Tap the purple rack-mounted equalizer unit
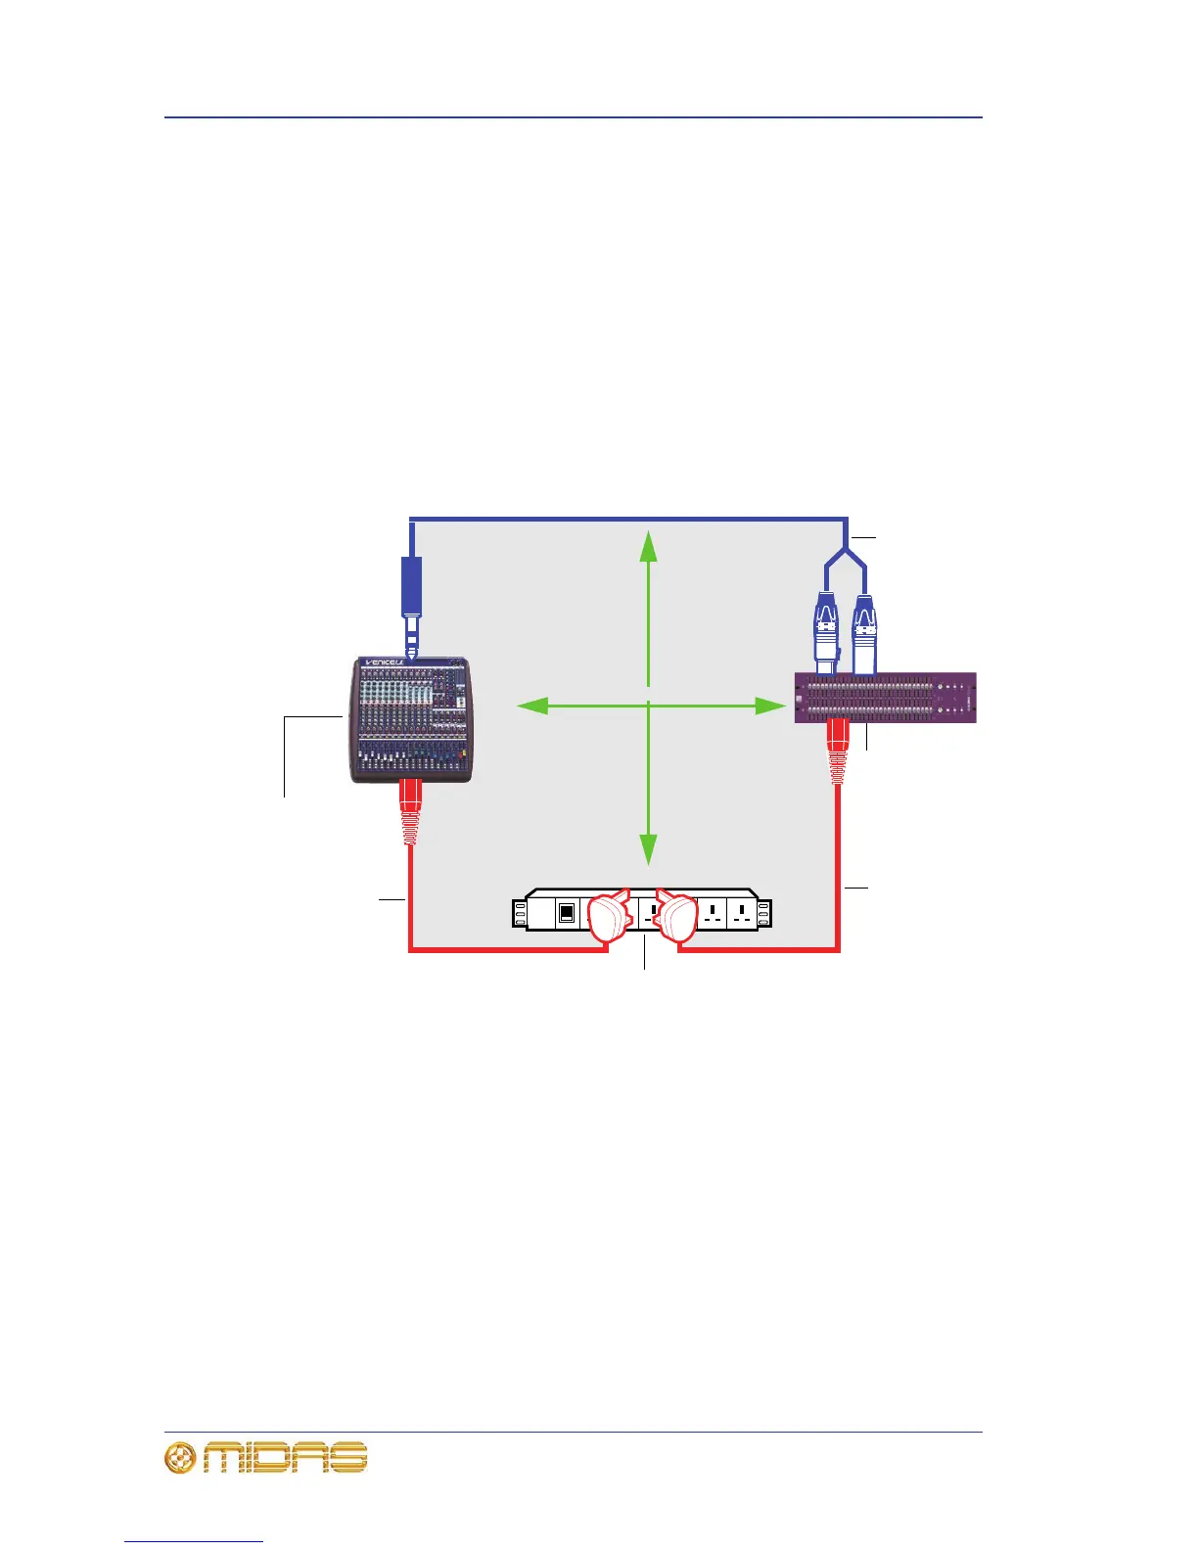[885, 698]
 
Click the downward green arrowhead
[648, 848]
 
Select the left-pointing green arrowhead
[531, 705]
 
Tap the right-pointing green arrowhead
[771, 705]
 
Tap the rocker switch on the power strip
[566, 913]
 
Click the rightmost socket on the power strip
[742, 913]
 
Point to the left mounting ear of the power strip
[520, 914]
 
